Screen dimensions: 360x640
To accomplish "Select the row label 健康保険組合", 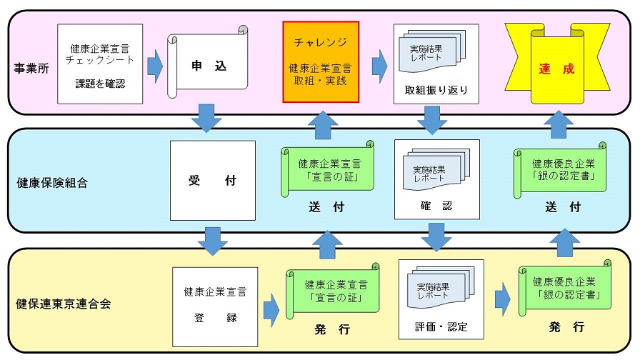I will click(x=52, y=182).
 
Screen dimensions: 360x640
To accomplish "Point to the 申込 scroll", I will click(x=208, y=64).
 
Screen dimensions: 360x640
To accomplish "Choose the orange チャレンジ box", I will click(x=321, y=61).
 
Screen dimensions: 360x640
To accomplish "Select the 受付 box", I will click(x=212, y=181).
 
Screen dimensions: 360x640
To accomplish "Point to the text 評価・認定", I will click(x=441, y=326).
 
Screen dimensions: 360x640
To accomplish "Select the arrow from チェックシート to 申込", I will click(x=155, y=66).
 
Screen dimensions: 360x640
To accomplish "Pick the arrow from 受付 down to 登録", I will click(x=212, y=240).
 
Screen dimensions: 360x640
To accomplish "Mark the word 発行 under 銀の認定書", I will click(x=568, y=326).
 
